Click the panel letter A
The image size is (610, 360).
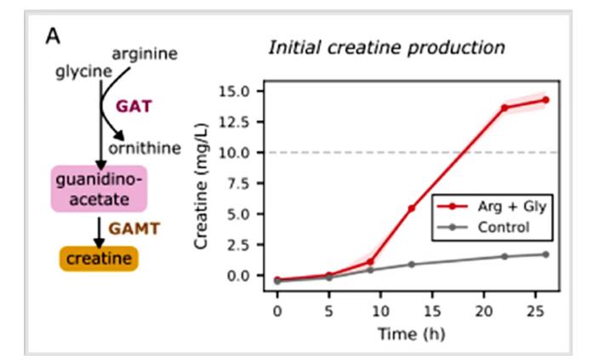pyautogui.click(x=52, y=37)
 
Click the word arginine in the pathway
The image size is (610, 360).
pyautogui.click(x=145, y=54)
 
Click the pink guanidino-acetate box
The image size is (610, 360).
pyautogui.click(x=99, y=189)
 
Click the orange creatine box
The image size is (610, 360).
pyautogui.click(x=97, y=258)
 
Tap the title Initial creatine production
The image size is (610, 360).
pyautogui.click(x=386, y=47)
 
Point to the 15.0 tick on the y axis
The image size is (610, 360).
pyautogui.click(x=234, y=91)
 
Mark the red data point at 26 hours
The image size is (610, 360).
pyautogui.click(x=545, y=100)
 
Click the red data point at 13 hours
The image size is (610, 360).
pyautogui.click(x=411, y=209)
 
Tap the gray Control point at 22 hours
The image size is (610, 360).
pyautogui.click(x=505, y=256)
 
